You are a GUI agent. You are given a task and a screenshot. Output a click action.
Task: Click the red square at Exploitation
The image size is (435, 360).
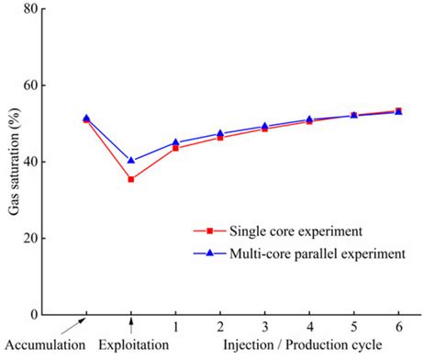pyautogui.click(x=131, y=179)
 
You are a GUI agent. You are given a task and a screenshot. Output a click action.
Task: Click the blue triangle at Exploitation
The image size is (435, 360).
pyautogui.click(x=131, y=161)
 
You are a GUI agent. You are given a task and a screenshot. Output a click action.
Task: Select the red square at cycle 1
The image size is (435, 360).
pyautogui.click(x=175, y=148)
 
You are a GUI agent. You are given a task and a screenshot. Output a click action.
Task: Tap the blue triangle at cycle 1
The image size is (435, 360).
pyautogui.click(x=175, y=142)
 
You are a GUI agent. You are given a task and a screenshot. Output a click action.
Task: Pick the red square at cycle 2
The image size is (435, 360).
pyautogui.click(x=220, y=137)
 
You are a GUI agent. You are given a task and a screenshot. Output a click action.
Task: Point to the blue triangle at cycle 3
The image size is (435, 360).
pyautogui.click(x=264, y=126)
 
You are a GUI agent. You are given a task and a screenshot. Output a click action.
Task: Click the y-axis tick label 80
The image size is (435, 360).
pyautogui.click(x=58, y=9)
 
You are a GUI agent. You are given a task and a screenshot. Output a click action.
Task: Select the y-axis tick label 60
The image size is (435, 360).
pyautogui.click(x=58, y=85)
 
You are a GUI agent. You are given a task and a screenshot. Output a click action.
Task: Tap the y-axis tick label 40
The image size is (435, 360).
pyautogui.click(x=58, y=162)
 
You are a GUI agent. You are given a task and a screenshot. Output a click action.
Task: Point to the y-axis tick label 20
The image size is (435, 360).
pyautogui.click(x=58, y=238)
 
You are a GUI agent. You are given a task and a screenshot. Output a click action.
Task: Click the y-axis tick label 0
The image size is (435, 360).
pyautogui.click(x=61, y=314)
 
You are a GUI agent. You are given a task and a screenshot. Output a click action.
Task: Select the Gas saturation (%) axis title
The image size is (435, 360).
pyautogui.click(x=15, y=163)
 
